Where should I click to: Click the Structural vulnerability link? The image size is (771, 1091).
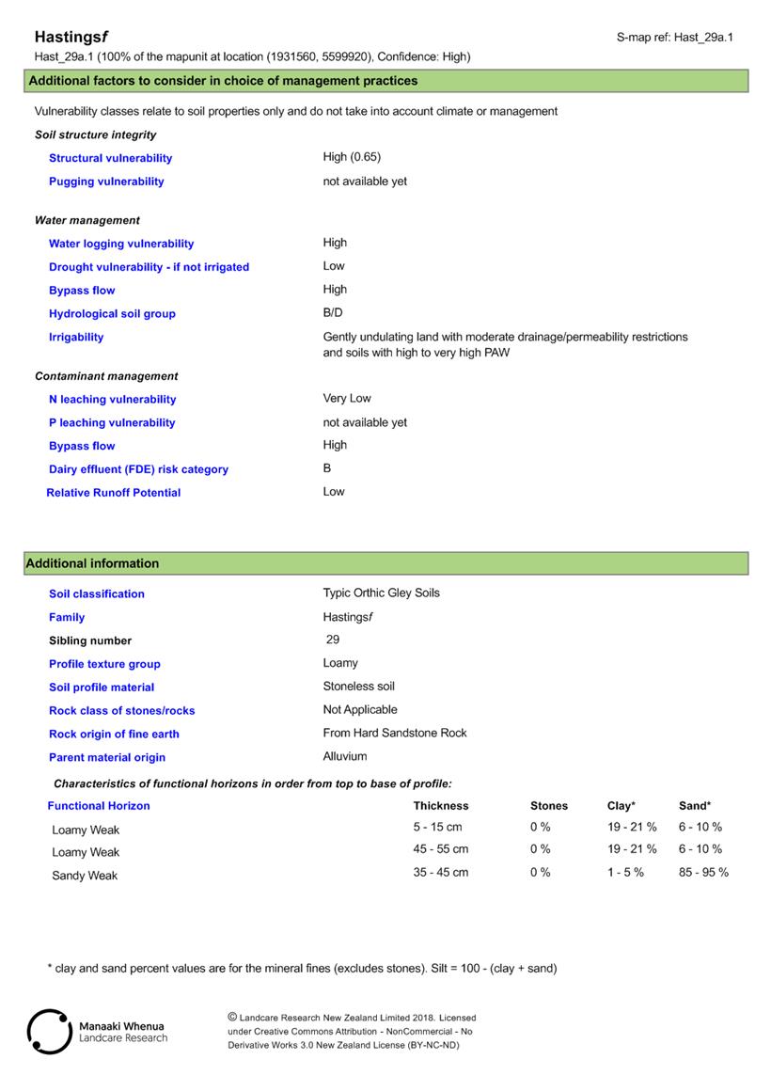[x=110, y=158]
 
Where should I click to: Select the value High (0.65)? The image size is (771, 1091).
[x=352, y=157]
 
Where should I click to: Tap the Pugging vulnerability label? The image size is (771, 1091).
[x=106, y=182]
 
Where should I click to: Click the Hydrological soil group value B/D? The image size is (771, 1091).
[x=333, y=313]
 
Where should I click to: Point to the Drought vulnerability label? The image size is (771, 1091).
[x=149, y=267]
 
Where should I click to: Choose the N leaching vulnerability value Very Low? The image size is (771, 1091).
[x=347, y=399]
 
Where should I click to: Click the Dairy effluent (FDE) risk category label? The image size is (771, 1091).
[x=138, y=469]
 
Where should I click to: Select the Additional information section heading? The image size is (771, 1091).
[x=92, y=564]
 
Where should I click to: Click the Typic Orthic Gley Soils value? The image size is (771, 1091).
[x=381, y=593]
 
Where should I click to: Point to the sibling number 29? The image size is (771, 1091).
[x=332, y=640]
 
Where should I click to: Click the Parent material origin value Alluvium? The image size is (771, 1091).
[x=345, y=757]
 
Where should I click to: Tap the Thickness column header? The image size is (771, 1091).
[x=440, y=806]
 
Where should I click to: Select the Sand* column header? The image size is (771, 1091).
[x=695, y=806]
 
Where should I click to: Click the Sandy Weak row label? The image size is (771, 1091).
[x=85, y=876]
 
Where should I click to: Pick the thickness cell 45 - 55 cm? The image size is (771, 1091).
[x=440, y=849]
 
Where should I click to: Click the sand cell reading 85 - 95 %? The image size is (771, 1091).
[x=703, y=873]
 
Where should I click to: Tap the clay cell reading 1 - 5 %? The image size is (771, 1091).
[x=625, y=873]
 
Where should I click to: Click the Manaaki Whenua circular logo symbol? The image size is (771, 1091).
[x=49, y=1032]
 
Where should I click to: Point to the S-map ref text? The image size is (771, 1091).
[x=674, y=38]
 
